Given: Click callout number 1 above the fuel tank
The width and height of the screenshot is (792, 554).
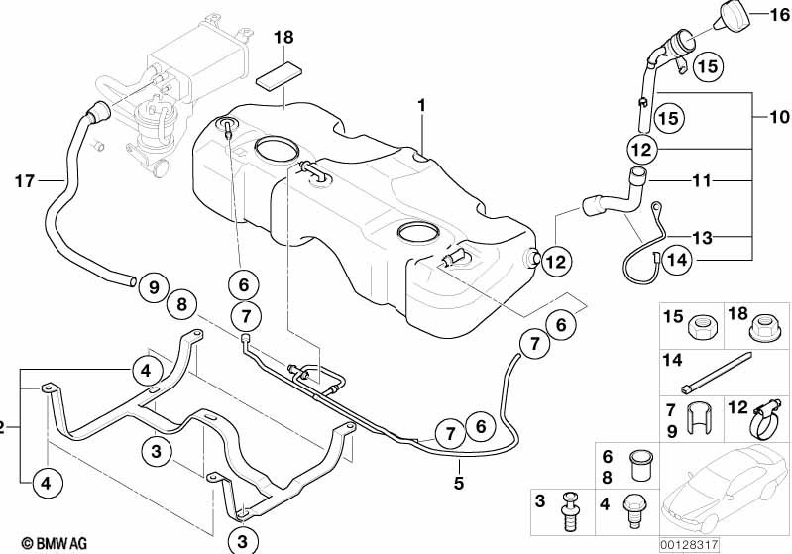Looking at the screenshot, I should tap(421, 104).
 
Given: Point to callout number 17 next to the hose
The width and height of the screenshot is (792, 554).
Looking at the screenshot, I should tap(25, 180).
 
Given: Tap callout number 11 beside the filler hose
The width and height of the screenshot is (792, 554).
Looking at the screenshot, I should tap(702, 181).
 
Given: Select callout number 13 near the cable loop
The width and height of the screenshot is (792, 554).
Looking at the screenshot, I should tap(702, 237).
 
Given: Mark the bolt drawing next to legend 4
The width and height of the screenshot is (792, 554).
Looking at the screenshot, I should tap(634, 509).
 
